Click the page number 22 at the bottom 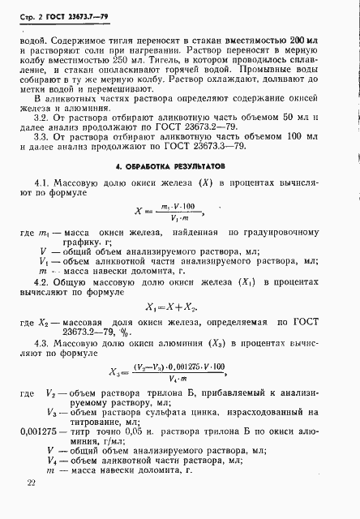(x=31, y=483)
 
